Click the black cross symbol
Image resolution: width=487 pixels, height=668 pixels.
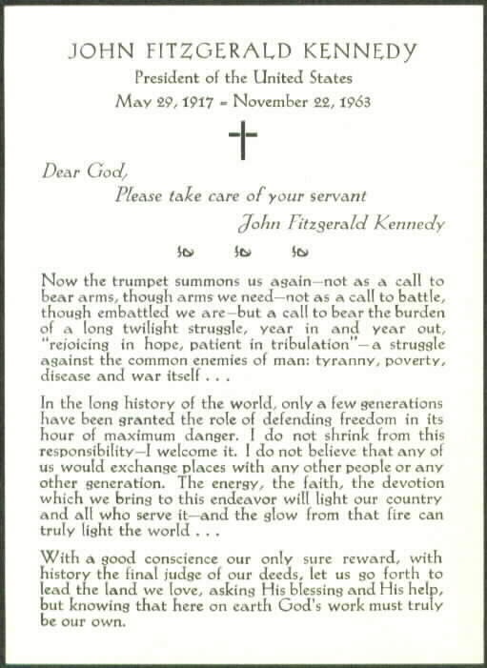click(243, 141)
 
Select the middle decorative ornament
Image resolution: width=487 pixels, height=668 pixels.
click(241, 252)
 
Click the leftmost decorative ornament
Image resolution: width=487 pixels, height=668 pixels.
click(186, 252)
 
